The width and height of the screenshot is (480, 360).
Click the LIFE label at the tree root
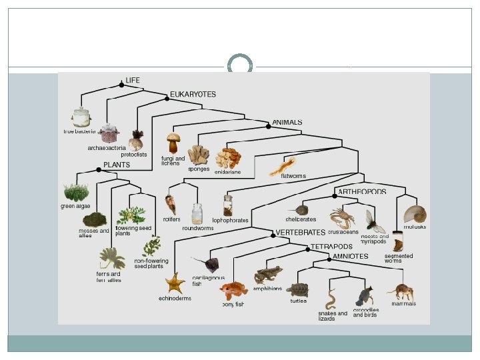click(x=133, y=80)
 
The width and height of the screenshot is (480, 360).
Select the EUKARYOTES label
click(x=193, y=95)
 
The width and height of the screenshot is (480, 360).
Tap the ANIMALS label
click(x=287, y=123)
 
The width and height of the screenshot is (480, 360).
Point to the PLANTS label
click(x=117, y=165)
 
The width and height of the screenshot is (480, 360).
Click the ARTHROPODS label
click(x=362, y=191)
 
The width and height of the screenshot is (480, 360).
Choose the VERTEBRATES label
click(x=300, y=233)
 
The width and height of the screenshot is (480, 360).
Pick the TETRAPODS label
click(x=332, y=247)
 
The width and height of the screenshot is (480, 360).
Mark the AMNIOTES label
click(x=350, y=256)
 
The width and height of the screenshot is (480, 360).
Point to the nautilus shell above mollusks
click(x=415, y=214)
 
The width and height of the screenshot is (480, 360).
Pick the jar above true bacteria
click(x=81, y=117)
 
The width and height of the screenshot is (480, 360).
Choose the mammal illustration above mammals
click(x=403, y=291)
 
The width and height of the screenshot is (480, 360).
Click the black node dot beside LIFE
click(x=121, y=85)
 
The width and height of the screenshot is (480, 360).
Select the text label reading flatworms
click(x=293, y=176)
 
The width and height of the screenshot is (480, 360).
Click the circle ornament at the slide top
click(x=240, y=65)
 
